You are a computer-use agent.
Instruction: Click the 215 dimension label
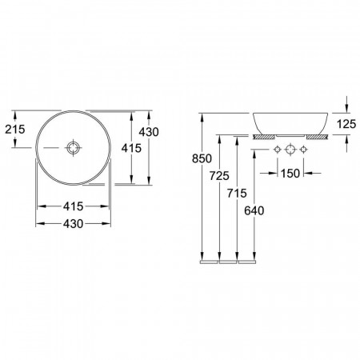tap(15, 130)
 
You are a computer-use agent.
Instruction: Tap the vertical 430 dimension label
tap(149, 132)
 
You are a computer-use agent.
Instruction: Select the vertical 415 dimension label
tap(131, 148)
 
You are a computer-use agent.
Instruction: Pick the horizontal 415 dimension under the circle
tap(73, 206)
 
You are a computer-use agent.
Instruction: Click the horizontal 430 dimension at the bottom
tap(73, 224)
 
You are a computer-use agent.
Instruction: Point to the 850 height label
tap(202, 158)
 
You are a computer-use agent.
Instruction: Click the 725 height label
tap(219, 176)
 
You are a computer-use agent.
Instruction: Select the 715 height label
tap(237, 194)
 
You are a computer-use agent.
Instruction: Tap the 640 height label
tap(254, 211)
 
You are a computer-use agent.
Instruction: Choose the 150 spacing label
tap(290, 174)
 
